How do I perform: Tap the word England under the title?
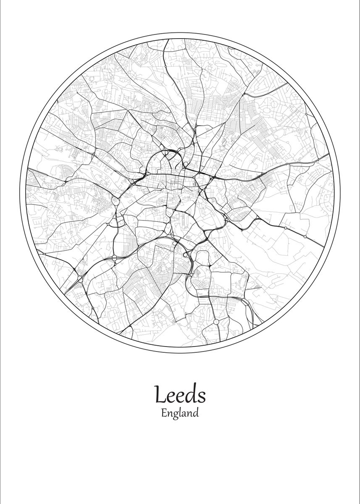[x=179, y=413]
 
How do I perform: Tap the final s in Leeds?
[x=202, y=396]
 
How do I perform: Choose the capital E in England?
[x=163, y=413]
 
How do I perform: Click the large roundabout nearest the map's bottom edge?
[x=216, y=322]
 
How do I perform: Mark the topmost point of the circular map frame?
[x=180, y=33]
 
